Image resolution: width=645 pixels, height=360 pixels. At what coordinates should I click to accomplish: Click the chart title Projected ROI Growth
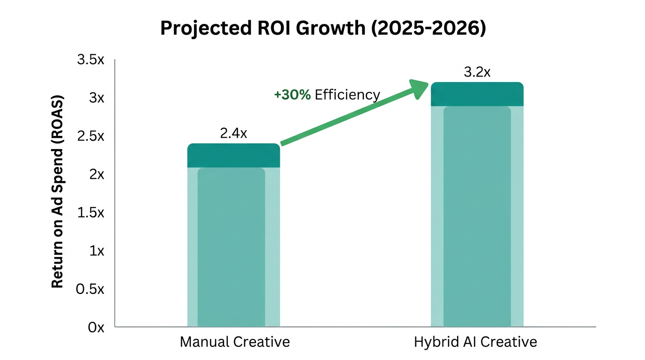tap(323, 28)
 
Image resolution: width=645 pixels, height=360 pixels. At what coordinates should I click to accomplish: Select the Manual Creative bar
tap(233, 244)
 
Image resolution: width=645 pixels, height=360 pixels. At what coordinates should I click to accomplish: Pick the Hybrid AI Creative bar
tap(477, 216)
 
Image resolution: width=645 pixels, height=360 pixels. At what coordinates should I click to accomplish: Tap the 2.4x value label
tap(233, 134)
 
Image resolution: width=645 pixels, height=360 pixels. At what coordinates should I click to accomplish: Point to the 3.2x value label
tap(477, 73)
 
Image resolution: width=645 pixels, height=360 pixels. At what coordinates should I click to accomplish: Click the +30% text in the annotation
tap(292, 95)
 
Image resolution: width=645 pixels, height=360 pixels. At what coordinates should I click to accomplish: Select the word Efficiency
tap(347, 95)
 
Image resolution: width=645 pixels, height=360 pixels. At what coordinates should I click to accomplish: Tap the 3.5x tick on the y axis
tap(92, 60)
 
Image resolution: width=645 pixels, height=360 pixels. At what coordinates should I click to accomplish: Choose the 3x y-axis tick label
tap(97, 98)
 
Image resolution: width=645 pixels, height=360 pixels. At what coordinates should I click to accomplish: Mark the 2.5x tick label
tap(92, 136)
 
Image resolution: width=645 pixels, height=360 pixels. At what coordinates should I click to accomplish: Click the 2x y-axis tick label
tap(97, 174)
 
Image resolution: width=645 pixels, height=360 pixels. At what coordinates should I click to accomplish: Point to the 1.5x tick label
tap(92, 213)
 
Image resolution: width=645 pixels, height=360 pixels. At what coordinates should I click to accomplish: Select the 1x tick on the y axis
tap(97, 251)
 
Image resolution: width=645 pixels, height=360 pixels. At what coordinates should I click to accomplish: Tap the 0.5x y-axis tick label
tap(92, 289)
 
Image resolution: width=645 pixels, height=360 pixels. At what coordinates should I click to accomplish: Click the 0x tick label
tap(96, 327)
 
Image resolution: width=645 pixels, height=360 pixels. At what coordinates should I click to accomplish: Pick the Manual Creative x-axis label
tap(235, 342)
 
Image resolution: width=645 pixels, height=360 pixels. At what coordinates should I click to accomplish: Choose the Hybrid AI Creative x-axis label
tap(475, 342)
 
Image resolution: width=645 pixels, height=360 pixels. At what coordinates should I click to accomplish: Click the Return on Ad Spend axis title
tap(57, 192)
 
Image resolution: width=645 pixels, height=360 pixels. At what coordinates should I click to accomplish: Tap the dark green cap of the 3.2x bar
tap(477, 94)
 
